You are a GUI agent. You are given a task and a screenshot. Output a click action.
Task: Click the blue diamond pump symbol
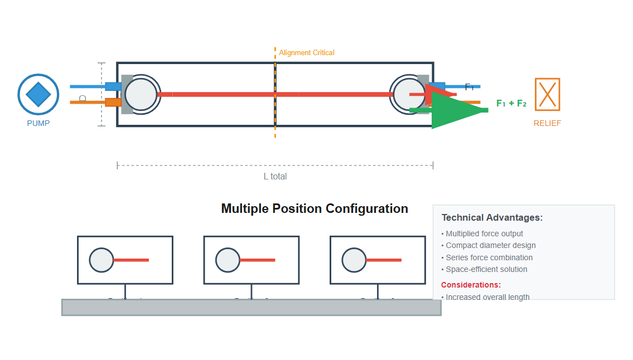pyautogui.click(x=38, y=95)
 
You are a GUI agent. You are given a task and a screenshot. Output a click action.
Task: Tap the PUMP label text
pyautogui.click(x=38, y=123)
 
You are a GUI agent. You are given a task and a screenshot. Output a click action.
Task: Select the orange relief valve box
pyautogui.click(x=547, y=94)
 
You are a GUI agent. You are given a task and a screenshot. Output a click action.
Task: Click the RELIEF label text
pyautogui.click(x=547, y=123)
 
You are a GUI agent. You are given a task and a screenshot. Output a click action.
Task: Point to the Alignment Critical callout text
pyautogui.click(x=307, y=53)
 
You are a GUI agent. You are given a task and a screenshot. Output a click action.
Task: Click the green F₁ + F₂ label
pyautogui.click(x=511, y=103)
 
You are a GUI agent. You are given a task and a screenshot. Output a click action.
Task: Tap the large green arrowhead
pyautogui.click(x=455, y=110)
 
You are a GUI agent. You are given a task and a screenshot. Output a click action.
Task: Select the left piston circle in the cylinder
pyautogui.click(x=141, y=94)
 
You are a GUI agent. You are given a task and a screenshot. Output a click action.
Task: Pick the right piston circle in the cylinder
pyautogui.click(x=408, y=94)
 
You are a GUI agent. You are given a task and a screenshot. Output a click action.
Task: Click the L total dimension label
pyautogui.click(x=275, y=176)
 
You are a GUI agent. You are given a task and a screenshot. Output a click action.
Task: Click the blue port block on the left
pyautogui.click(x=113, y=86)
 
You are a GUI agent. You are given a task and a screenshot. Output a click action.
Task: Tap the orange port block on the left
pyautogui.click(x=113, y=102)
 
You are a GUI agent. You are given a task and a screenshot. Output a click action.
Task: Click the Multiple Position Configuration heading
pyautogui.click(x=315, y=208)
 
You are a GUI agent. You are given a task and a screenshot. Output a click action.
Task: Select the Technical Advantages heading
pyautogui.click(x=492, y=218)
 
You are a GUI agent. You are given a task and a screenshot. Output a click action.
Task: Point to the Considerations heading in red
pyautogui.click(x=471, y=285)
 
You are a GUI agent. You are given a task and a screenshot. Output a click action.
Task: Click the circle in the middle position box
pyautogui.click(x=228, y=260)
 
